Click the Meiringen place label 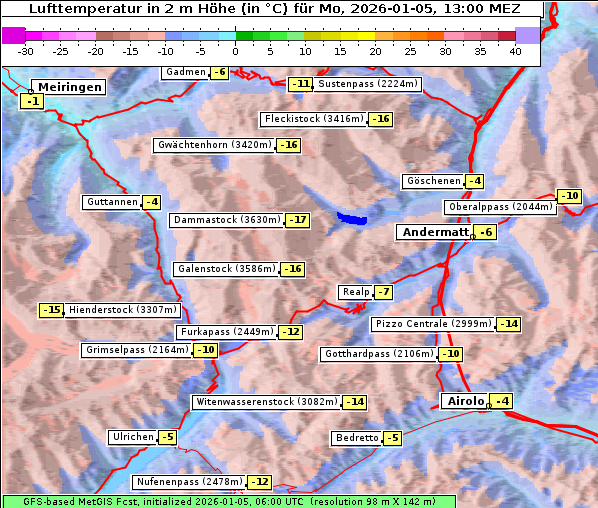[68, 87]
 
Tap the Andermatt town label [435, 232]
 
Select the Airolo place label [465, 401]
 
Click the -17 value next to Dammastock [297, 220]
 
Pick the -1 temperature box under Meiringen [33, 102]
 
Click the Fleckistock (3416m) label [312, 119]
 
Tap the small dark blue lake [352, 217]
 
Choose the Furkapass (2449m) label [226, 332]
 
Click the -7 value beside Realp [383, 292]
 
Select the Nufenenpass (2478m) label [188, 482]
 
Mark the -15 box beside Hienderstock [52, 310]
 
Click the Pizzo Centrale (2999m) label [433, 324]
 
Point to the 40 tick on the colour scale [515, 51]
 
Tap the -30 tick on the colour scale [26, 51]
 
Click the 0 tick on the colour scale [236, 51]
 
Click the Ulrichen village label [133, 437]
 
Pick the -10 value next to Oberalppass [569, 196]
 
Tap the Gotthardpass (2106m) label [378, 354]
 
